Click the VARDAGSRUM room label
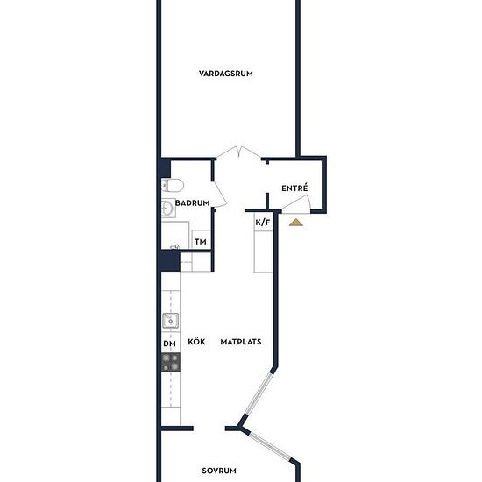[x=225, y=74]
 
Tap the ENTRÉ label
[x=294, y=188]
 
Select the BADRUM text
[x=193, y=203]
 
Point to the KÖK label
[x=196, y=342]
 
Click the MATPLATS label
[x=241, y=342]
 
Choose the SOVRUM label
[x=219, y=471]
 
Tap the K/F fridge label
[x=263, y=223]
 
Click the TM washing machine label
[x=201, y=242]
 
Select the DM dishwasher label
[x=170, y=344]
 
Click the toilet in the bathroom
[x=173, y=186]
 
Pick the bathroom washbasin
[x=168, y=208]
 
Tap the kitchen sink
[x=170, y=321]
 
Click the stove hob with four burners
[x=171, y=362]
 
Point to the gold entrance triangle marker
[x=295, y=222]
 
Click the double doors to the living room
[x=239, y=152]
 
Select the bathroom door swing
[x=221, y=195]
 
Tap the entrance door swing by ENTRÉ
[x=296, y=204]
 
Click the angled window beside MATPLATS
[x=259, y=393]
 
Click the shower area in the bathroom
[x=175, y=235]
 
